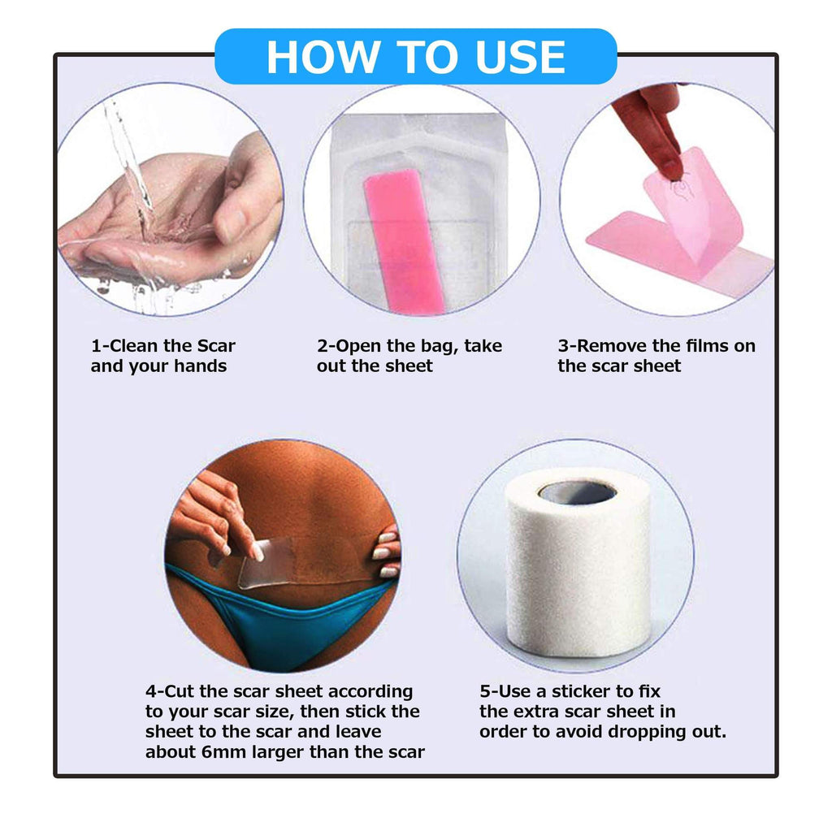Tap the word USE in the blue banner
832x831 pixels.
[521, 58]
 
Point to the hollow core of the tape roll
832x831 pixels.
[578, 492]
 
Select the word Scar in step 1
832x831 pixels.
[216, 346]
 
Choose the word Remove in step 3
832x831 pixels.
[612, 346]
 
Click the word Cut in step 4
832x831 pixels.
[180, 691]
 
